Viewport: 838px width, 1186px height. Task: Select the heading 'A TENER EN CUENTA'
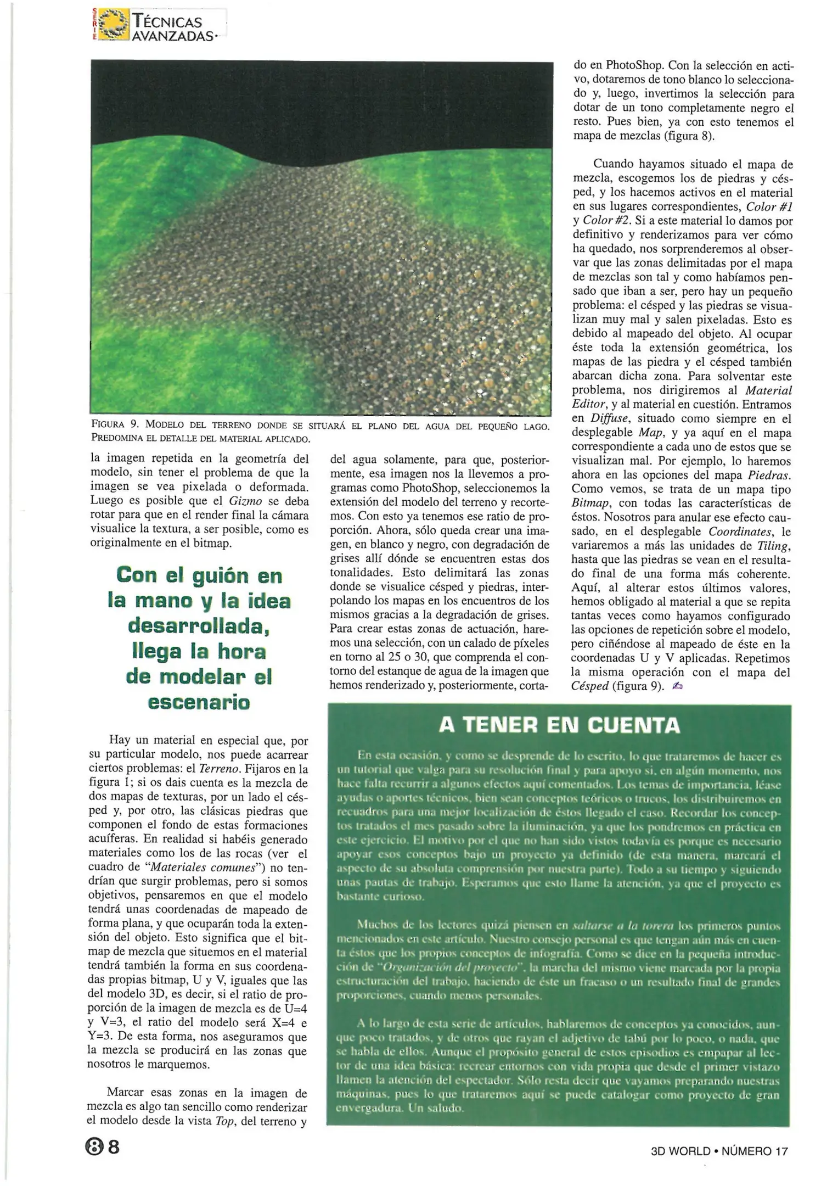559,725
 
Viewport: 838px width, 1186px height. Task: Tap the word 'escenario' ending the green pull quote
199,702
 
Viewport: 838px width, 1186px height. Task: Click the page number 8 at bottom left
114,1147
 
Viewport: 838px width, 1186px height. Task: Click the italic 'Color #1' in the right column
770,207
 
